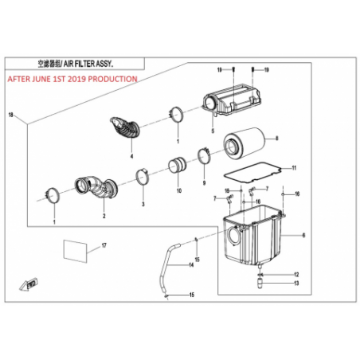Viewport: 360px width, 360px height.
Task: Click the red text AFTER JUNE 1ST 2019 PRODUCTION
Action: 72,79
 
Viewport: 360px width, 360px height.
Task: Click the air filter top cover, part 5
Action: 232,100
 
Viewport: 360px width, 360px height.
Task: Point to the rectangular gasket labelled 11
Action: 252,172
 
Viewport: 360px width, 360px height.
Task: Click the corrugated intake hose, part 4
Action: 125,127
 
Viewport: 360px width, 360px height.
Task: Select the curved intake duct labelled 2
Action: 96,186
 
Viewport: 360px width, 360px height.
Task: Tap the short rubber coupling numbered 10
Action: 178,166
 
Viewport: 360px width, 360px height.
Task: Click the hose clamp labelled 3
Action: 142,176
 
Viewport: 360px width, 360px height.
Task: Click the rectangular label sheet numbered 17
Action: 75,251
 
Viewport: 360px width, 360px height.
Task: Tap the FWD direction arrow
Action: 29,284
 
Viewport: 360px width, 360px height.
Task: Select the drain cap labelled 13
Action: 260,284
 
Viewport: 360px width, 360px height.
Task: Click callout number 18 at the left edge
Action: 10,115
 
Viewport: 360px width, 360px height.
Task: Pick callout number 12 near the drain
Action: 296,275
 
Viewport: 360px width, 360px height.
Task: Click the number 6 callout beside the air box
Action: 303,235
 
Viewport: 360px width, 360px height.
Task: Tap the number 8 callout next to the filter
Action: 277,139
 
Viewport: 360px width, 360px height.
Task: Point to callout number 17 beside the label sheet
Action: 104,245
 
